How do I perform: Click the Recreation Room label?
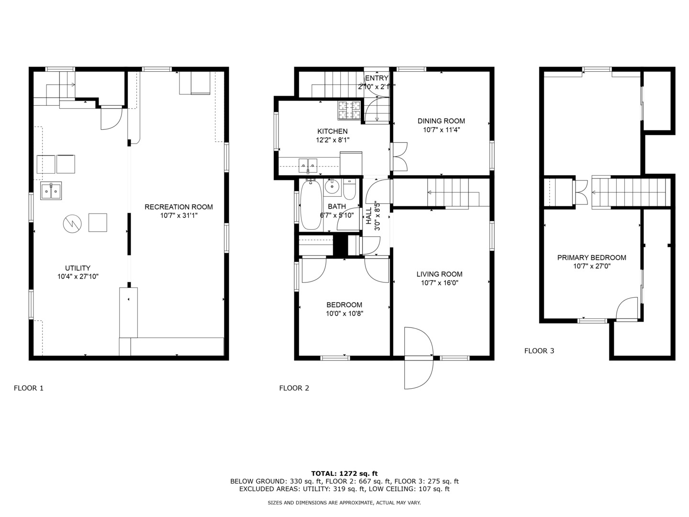178,207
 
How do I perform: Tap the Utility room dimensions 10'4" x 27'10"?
78,277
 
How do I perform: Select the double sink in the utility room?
51,191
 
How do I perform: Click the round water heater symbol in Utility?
72,224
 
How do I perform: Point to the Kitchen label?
333,131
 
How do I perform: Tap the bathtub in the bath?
311,205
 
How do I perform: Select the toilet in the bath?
349,190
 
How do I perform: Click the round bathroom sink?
332,187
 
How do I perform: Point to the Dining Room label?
441,121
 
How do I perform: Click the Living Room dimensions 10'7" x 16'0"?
439,283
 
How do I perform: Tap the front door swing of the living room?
419,358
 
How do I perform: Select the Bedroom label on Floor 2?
344,304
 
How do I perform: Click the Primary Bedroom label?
592,258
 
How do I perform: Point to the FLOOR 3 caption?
539,351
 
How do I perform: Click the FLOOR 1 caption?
29,388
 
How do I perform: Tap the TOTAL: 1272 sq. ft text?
344,473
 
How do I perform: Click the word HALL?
369,215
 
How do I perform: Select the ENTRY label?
377,78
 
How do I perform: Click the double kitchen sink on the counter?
308,166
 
